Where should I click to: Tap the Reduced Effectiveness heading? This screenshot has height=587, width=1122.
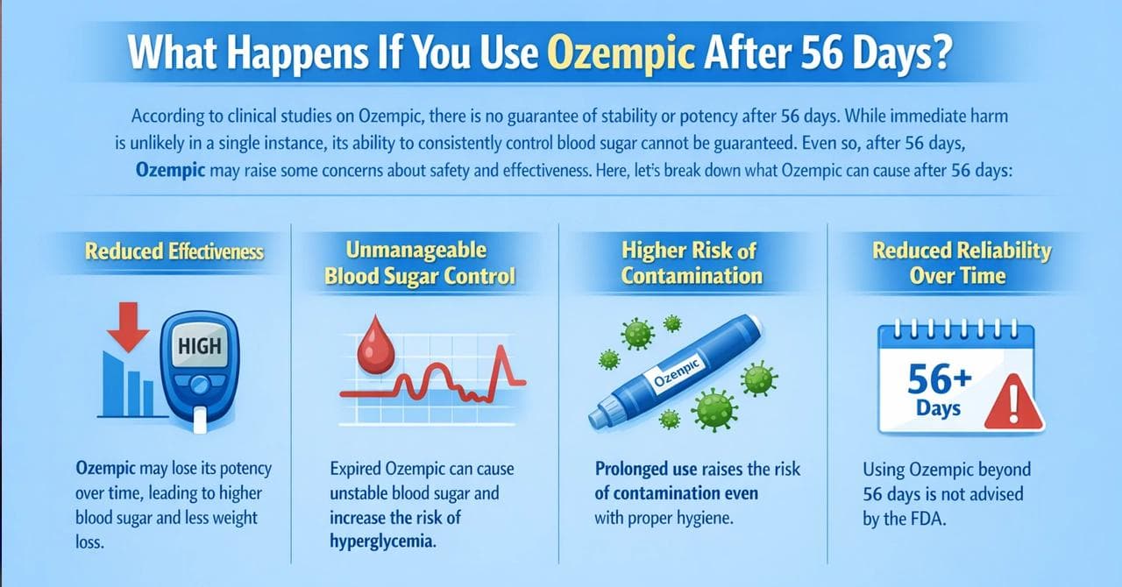[174, 251]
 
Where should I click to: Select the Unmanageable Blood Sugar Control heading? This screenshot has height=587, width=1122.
[419, 264]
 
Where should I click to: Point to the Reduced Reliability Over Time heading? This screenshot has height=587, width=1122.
[961, 263]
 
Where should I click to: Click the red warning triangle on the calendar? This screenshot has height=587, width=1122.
[1012, 403]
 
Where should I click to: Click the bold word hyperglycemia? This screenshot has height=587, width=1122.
[381, 541]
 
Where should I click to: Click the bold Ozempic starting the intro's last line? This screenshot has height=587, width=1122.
[170, 172]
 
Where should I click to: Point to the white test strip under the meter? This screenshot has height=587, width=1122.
[198, 423]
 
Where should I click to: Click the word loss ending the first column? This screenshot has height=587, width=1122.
[89, 542]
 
